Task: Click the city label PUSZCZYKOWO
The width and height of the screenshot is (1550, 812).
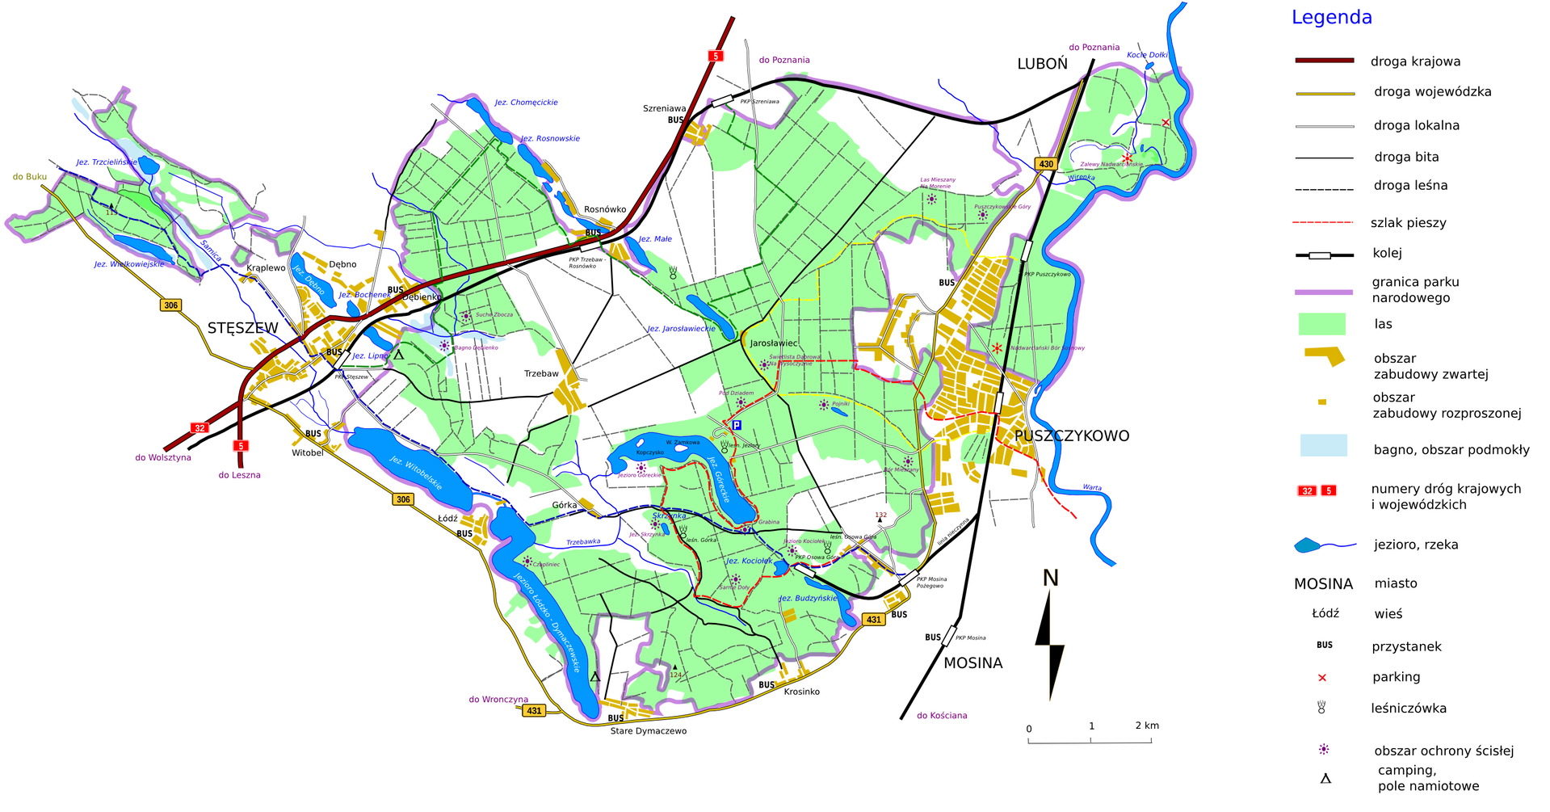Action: tap(1071, 436)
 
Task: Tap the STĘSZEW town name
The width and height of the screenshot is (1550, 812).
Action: tap(242, 328)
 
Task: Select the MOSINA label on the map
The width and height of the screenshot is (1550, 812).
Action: tap(972, 663)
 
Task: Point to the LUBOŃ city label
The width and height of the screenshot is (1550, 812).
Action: tap(1042, 65)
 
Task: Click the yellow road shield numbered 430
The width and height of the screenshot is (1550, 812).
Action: tap(1046, 164)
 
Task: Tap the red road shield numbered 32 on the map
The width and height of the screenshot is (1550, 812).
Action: tap(200, 428)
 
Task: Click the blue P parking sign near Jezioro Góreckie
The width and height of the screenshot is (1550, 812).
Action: tap(736, 425)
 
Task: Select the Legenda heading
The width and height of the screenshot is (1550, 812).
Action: tap(1331, 18)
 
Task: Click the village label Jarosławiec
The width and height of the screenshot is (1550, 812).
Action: tap(773, 343)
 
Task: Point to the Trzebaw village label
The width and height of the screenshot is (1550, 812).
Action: tap(541, 374)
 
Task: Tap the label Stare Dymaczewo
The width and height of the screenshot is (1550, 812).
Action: tap(649, 731)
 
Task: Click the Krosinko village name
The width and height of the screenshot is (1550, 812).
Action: tap(801, 692)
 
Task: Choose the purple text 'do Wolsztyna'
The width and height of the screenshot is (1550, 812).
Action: tap(163, 457)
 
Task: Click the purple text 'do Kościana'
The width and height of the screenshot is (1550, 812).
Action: tap(942, 716)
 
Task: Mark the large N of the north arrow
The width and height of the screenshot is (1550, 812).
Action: tap(1050, 578)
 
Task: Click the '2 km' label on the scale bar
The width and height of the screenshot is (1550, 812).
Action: tap(1146, 726)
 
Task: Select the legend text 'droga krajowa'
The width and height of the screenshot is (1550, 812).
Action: tap(1415, 61)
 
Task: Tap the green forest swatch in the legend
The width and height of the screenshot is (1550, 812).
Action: tap(1321, 324)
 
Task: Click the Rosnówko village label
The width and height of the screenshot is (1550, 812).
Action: tap(605, 209)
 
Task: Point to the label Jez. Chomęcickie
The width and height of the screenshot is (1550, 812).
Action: tap(526, 103)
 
